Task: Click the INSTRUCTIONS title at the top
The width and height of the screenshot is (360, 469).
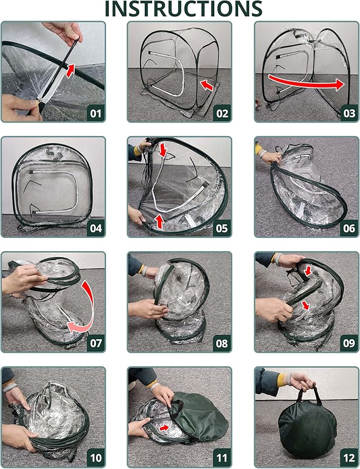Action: pyautogui.click(x=183, y=8)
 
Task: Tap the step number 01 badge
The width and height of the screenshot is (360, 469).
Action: pyautogui.click(x=96, y=113)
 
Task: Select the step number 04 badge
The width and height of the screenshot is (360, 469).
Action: pyautogui.click(x=96, y=228)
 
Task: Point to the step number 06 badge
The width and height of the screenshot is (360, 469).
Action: pyautogui.click(x=349, y=228)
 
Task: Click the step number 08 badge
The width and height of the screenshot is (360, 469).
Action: pyautogui.click(x=222, y=343)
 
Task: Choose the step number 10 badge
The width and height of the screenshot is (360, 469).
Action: pyautogui.click(x=96, y=458)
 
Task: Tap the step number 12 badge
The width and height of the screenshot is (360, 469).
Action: pyautogui.click(x=349, y=458)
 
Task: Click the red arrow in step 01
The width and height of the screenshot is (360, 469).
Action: pyautogui.click(x=70, y=70)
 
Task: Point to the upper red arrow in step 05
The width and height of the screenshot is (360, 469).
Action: pyautogui.click(x=163, y=149)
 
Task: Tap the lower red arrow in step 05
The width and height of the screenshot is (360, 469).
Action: pyautogui.click(x=160, y=222)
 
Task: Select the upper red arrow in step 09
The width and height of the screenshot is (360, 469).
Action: pyautogui.click(x=308, y=271)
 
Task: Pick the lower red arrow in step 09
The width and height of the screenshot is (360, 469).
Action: pyautogui.click(x=305, y=305)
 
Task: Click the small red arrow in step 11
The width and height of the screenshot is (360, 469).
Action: pyautogui.click(x=164, y=428)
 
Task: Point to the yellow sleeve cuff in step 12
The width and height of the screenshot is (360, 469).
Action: pyautogui.click(x=280, y=380)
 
